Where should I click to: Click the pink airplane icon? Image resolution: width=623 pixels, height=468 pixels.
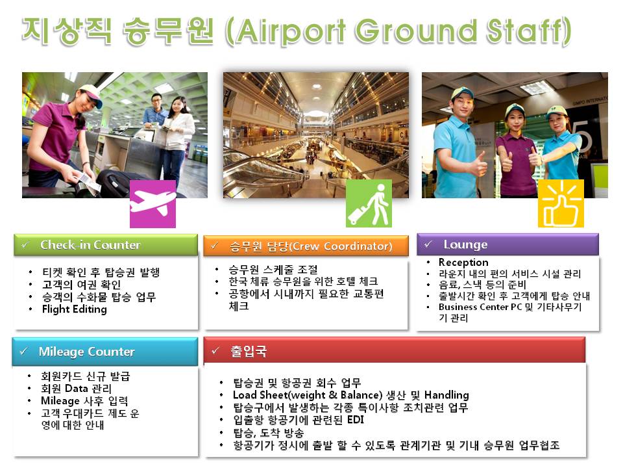click(153, 204)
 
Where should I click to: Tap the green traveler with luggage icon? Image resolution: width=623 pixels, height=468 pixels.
click(369, 203)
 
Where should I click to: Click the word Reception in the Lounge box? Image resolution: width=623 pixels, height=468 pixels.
click(463, 263)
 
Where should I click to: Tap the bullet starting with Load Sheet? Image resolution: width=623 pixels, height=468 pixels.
click(350, 395)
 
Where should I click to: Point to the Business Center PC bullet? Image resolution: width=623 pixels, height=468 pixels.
click(509, 307)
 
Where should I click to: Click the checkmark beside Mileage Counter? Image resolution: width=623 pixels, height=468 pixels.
click(24, 352)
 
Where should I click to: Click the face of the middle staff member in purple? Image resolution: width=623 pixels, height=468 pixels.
click(515, 119)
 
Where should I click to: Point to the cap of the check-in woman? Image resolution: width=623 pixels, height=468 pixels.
click(89, 91)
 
